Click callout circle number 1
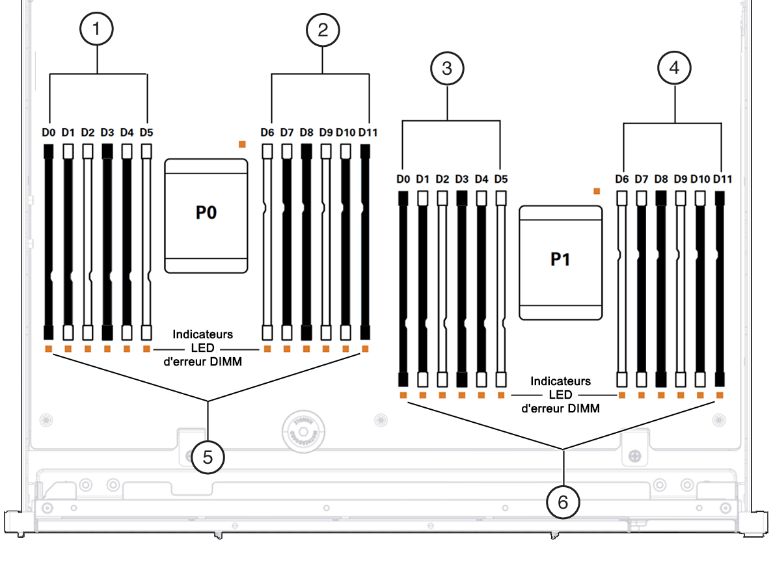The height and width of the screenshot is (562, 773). tap(97, 30)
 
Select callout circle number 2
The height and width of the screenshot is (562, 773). tap(323, 30)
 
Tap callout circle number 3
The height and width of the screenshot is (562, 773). tap(447, 69)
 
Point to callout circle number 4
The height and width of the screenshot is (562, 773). tap(674, 69)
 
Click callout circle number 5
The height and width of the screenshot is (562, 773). tap(208, 457)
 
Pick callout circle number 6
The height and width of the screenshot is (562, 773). tap(563, 502)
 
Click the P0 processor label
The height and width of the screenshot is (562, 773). tap(206, 213)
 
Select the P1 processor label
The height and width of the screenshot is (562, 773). tap(560, 259)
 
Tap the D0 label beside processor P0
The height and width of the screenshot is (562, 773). tap(48, 133)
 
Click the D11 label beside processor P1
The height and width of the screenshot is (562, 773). tap(722, 179)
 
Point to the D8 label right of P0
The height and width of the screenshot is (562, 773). tap(306, 133)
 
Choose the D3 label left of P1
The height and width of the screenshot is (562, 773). tap(462, 179)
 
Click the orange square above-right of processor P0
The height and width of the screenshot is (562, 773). tap(242, 144)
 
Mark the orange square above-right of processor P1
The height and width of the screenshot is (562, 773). tap(596, 191)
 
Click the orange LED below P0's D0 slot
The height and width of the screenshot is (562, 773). tap(48, 349)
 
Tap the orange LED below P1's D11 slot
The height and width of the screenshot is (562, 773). tap(720, 395)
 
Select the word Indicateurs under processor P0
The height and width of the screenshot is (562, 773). tap(202, 334)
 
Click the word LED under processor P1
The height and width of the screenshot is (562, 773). tap(560, 395)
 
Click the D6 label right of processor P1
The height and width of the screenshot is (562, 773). tap(622, 179)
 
